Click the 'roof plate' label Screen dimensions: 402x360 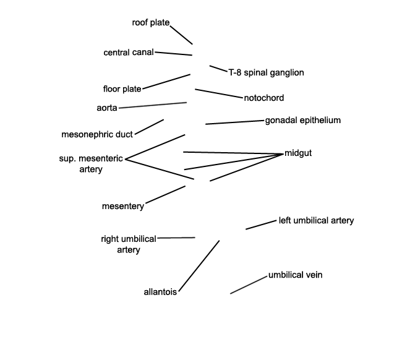pos(151,22)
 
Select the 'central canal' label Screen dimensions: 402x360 pos(129,53)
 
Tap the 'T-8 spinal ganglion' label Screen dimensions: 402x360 pos(267,72)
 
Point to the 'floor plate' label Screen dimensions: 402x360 pos(122,89)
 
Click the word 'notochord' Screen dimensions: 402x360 pos(264,98)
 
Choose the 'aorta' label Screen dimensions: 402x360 pos(107,108)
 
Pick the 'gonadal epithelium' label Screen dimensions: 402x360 pos(303,120)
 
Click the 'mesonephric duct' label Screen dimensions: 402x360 pos(97,134)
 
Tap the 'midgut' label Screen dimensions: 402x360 pos(298,153)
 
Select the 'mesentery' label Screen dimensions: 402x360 pos(123,206)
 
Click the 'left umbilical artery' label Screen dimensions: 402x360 pos(317,220)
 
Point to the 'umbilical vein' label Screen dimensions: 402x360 pos(296,275)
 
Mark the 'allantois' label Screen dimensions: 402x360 pos(160,292)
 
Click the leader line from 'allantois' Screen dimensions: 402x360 pos(199,266)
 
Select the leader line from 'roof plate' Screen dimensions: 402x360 pos(181,35)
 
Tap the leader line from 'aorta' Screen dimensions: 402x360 pos(153,105)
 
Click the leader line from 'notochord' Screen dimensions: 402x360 pos(219,93)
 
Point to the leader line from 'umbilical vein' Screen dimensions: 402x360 pos(249,285)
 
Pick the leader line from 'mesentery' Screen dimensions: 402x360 pos(165,195)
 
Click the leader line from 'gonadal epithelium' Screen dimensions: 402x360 pos(234,122)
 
